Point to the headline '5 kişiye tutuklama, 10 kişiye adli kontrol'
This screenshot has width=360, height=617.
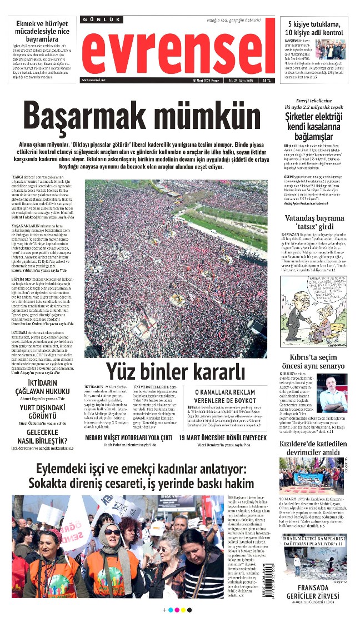[316, 28]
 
